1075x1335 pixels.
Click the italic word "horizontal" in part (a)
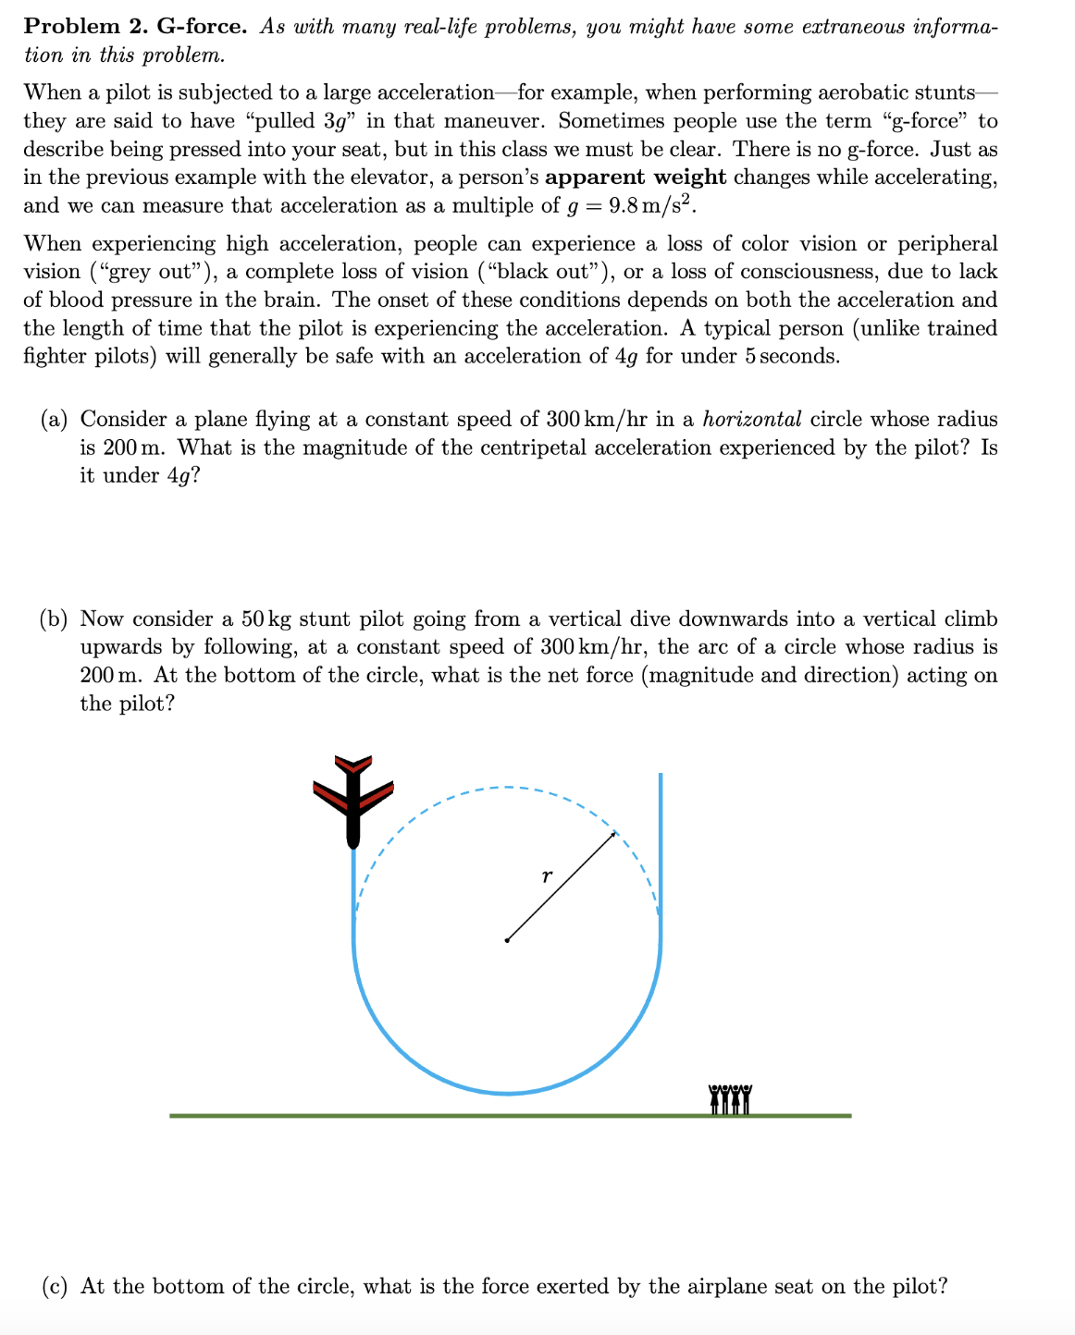751,420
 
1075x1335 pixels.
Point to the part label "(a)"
55,420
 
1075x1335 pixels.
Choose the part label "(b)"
55,619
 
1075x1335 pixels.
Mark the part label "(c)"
55,1287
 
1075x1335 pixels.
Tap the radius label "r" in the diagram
547,875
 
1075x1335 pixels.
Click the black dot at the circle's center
506,940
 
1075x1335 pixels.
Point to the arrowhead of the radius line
612,835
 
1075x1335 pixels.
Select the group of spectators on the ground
731,1099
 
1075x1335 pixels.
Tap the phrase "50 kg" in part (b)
266,619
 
